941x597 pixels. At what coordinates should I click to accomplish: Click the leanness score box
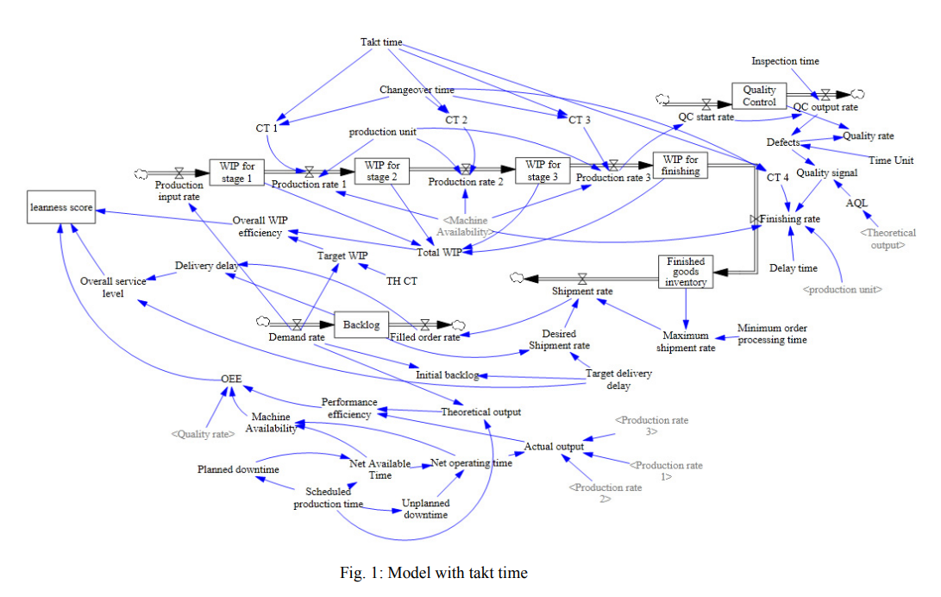point(60,208)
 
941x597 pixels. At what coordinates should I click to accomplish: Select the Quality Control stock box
point(759,96)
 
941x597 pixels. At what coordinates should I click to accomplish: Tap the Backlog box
point(361,324)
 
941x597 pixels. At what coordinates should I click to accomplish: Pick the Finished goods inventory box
point(686,271)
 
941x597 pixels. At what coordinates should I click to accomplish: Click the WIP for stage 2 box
point(382,171)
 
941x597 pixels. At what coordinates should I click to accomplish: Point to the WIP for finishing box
point(681,165)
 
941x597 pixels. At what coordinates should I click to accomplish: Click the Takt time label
point(381,42)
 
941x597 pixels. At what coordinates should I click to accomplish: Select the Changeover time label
point(417,90)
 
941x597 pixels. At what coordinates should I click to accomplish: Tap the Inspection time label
point(785,61)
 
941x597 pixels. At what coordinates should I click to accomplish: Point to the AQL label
point(856,203)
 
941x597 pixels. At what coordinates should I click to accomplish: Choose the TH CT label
point(401,281)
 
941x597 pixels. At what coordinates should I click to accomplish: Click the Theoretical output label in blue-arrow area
point(480,412)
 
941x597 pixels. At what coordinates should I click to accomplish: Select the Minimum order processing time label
point(772,334)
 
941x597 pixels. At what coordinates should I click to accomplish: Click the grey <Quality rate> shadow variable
point(202,434)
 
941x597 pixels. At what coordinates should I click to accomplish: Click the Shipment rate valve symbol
point(582,278)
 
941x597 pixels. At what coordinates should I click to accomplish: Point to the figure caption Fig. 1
point(434,573)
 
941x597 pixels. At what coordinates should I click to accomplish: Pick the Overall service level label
point(113,287)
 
